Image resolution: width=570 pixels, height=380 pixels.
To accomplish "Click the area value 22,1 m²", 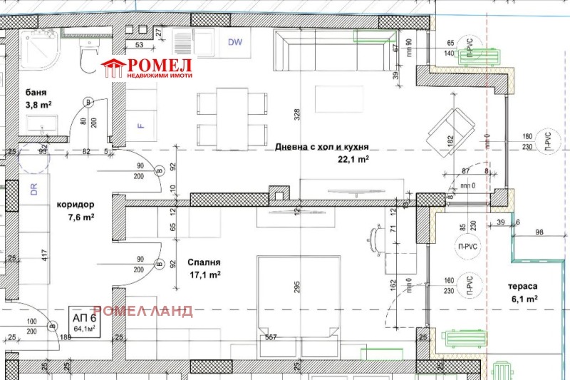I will [x=353, y=160].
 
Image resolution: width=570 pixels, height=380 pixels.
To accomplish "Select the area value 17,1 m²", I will [x=205, y=274].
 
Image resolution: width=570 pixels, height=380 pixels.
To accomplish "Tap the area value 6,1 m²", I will [x=524, y=299].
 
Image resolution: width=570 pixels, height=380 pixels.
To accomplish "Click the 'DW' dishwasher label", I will [x=235, y=42].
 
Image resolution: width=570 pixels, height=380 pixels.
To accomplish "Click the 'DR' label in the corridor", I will [x=33, y=191].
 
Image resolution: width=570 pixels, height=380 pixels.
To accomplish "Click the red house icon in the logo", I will [x=113, y=68].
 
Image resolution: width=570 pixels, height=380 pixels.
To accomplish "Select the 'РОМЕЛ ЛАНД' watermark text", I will [x=142, y=311].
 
